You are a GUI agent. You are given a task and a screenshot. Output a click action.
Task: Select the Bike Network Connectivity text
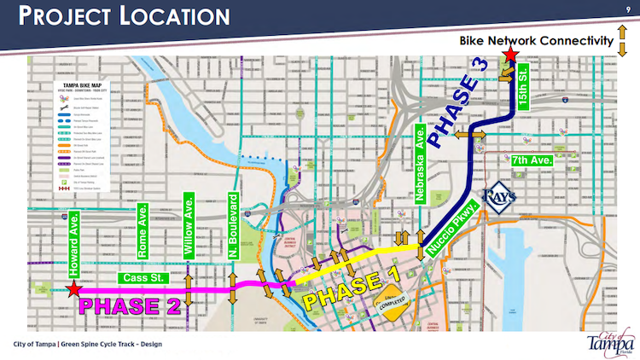coord(537,41)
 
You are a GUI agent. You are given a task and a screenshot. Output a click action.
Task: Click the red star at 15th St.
coord(510,56)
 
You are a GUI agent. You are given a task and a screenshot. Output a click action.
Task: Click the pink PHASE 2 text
coord(129,305)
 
